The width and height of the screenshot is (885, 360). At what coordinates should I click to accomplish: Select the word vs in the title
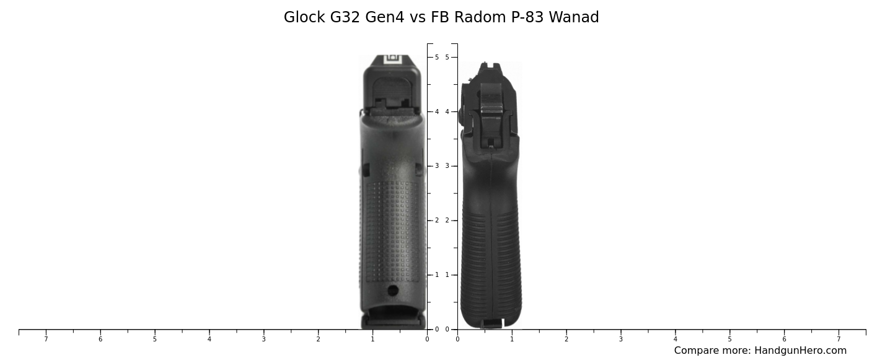click(x=418, y=17)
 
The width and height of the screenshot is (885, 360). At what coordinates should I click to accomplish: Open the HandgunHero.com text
click(x=800, y=351)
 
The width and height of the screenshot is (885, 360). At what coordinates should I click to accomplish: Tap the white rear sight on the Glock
click(x=392, y=59)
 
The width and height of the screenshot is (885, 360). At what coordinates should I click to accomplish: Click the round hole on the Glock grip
click(x=393, y=290)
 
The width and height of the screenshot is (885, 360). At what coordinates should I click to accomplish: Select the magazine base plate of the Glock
click(x=393, y=320)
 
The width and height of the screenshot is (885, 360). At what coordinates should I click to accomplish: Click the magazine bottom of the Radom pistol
click(x=491, y=323)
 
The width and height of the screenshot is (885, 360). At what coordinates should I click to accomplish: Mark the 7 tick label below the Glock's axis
click(x=46, y=339)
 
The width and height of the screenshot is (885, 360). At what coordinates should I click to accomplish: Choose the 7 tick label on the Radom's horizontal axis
click(x=839, y=339)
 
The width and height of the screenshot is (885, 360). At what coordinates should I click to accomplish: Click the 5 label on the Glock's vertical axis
click(x=437, y=57)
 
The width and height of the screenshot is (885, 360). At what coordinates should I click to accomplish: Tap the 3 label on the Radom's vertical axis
click(x=447, y=166)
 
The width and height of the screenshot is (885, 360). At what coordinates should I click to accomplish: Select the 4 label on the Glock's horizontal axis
click(x=209, y=339)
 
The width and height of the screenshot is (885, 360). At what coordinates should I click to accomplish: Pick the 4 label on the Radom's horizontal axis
click(x=676, y=339)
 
